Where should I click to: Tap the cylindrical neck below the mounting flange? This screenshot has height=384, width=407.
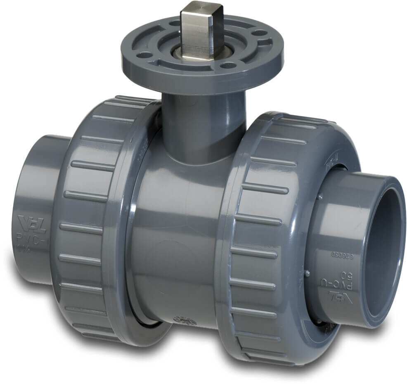pos(202,124)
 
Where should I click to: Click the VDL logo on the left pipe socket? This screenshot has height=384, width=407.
pos(32,224)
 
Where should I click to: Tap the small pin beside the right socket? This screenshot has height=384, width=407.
pos(307,273)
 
